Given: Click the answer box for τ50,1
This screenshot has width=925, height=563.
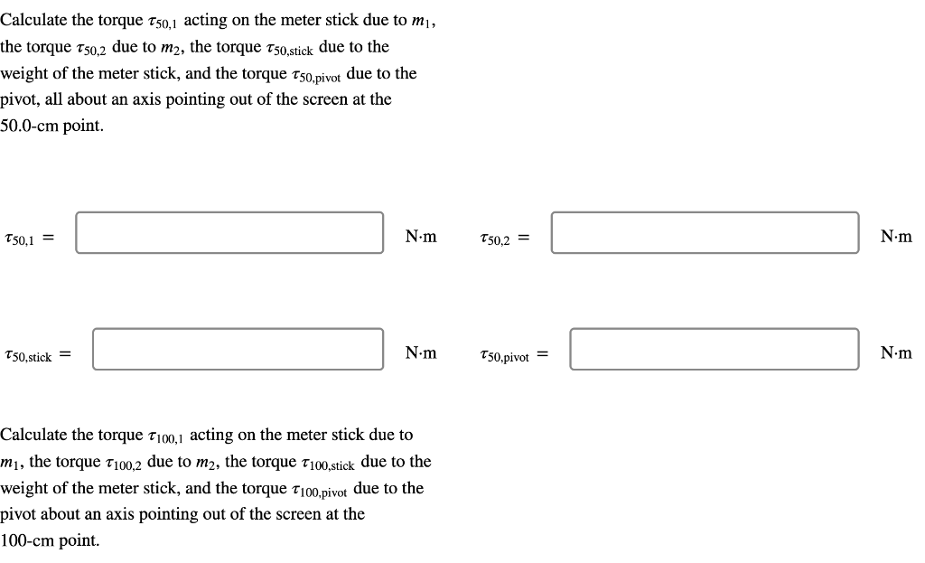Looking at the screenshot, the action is pyautogui.click(x=229, y=232).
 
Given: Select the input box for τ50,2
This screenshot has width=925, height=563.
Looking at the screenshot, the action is pyautogui.click(x=705, y=232).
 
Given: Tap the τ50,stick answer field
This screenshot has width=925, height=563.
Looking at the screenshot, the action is pyautogui.click(x=238, y=349).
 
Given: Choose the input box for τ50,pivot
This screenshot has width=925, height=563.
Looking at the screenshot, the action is pyautogui.click(x=715, y=349).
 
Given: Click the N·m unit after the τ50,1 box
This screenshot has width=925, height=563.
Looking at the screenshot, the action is pyautogui.click(x=421, y=237).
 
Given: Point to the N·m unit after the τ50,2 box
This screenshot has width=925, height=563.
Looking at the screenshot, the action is pyautogui.click(x=896, y=237).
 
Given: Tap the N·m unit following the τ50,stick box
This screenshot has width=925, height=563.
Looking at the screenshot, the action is pyautogui.click(x=421, y=353).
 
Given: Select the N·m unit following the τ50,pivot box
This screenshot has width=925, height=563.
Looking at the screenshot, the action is pyautogui.click(x=896, y=353).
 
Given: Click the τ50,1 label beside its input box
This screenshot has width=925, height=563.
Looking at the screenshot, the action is pyautogui.click(x=20, y=239).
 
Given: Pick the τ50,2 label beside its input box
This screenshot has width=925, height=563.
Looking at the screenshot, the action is pyautogui.click(x=495, y=239).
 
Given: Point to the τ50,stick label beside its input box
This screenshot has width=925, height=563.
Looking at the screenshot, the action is pyautogui.click(x=28, y=356).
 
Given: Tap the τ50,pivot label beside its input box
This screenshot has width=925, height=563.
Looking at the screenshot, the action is pyautogui.click(x=504, y=356).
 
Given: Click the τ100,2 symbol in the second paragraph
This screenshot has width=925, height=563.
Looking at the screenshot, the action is pyautogui.click(x=123, y=464).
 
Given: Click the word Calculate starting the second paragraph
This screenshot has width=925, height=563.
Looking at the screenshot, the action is pyautogui.click(x=33, y=435).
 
